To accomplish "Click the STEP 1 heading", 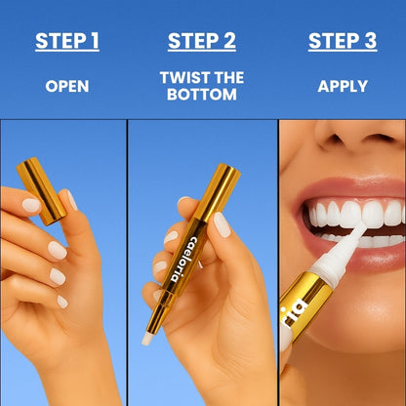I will click(67, 41).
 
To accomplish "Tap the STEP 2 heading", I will click(201, 41).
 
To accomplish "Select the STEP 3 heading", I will click(342, 41).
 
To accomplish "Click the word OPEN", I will click(67, 86).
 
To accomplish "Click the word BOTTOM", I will click(201, 96).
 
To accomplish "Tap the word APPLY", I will click(342, 86).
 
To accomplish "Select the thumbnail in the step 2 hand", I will click(221, 224).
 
